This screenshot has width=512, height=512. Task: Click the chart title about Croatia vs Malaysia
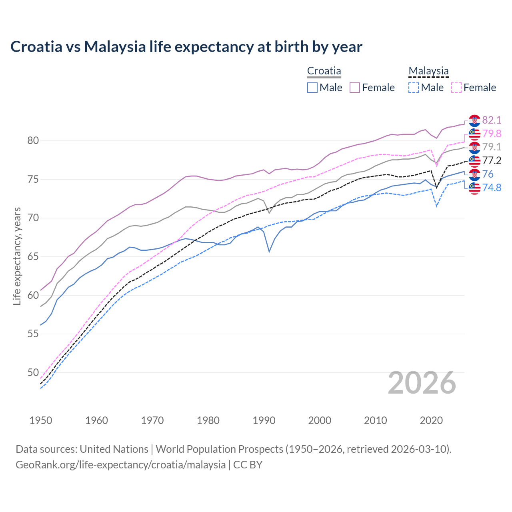coord(186,47)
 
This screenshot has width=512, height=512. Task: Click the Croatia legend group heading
coord(324,71)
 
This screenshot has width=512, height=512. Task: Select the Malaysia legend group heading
coord(428,71)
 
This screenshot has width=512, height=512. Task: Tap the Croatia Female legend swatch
coord(355,88)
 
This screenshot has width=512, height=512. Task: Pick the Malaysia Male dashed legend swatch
coord(414,88)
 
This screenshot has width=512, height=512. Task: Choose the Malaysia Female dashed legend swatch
coord(456,88)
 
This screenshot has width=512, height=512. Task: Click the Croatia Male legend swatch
coord(312,88)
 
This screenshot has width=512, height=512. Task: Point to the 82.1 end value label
coord(492,120)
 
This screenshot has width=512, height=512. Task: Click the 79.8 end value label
coord(492,134)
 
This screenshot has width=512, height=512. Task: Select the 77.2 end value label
coord(492,160)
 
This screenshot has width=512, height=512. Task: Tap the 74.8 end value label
coord(492,188)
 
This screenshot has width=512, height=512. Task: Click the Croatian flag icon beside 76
coord(474,174)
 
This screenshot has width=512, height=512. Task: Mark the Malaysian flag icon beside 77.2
coord(474,161)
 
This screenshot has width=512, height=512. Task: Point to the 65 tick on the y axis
coord(33,256)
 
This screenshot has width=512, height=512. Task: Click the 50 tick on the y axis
coord(33,372)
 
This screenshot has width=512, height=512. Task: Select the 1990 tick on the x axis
coord(264,420)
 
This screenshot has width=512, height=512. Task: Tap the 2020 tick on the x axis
coord(431,420)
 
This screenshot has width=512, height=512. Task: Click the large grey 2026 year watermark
coord(422,383)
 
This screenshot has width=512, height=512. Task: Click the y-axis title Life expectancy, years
coord(17,256)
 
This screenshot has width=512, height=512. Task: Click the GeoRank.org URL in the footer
coord(120,465)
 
